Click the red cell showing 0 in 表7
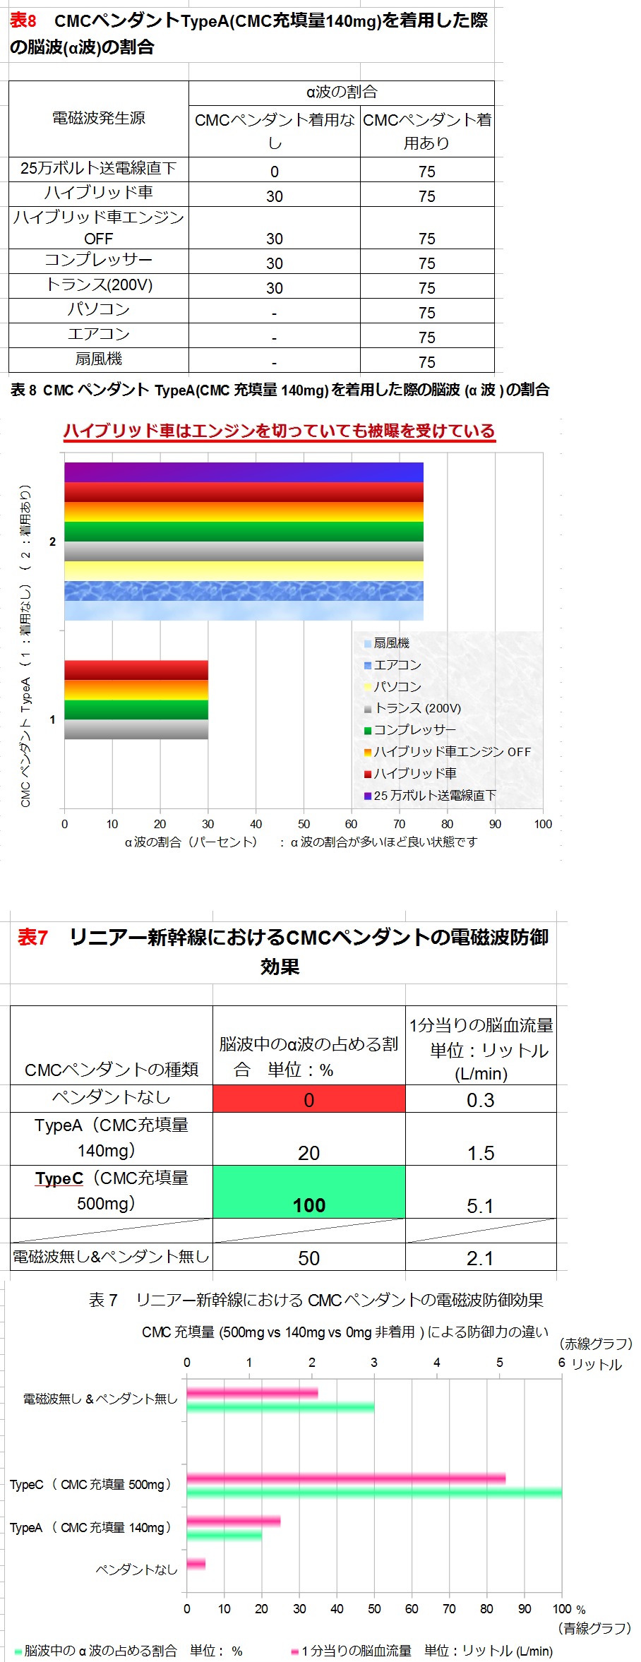point(308,1099)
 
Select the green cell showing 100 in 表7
point(308,1191)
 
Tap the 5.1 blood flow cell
point(480,1205)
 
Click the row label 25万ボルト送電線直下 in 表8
point(98,169)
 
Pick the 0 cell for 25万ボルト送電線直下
point(274,171)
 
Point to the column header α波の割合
point(341,92)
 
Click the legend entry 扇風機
point(391,643)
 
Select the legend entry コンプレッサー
point(414,730)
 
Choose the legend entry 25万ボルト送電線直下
point(434,796)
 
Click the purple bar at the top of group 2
point(244,472)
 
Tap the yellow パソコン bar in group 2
point(244,570)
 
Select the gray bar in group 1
point(136,729)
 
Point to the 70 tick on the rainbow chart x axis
point(399,824)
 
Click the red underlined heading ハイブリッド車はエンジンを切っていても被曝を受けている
point(280,431)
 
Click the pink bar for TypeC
point(346,1478)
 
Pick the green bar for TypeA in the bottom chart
point(224,1535)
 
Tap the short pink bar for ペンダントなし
point(196,1564)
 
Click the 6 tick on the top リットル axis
point(561,1363)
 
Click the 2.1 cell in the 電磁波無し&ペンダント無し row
point(480,1257)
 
